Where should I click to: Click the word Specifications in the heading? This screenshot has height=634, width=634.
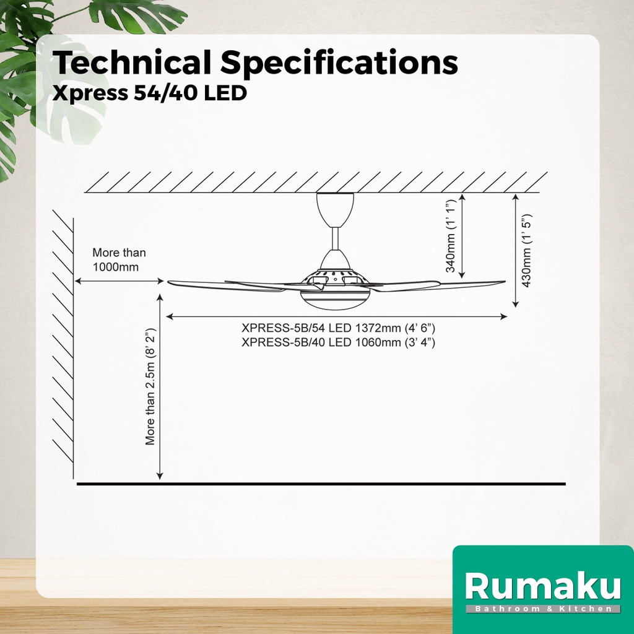(339, 64)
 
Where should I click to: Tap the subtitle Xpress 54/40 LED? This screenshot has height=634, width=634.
(150, 93)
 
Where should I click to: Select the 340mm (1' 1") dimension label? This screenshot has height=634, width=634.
(451, 235)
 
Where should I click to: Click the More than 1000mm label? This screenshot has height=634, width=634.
(119, 260)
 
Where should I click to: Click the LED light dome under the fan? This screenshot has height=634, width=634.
(334, 298)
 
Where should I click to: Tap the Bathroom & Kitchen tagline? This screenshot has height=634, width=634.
(542, 609)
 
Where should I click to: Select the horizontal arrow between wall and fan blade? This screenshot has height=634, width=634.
(119, 281)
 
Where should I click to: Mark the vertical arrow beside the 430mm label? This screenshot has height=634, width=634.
(515, 250)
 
